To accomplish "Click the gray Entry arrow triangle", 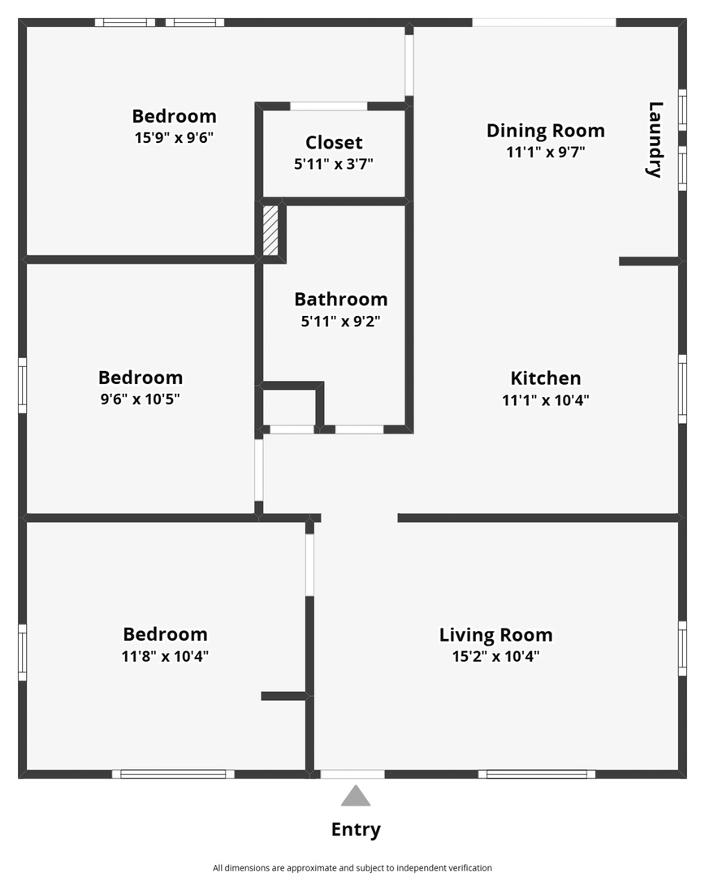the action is pyautogui.click(x=356, y=796).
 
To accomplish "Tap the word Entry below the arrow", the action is pyautogui.click(x=356, y=829).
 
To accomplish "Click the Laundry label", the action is pyautogui.click(x=655, y=140).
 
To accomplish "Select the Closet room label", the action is pyautogui.click(x=334, y=143).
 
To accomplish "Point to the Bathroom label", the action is pyautogui.click(x=341, y=299).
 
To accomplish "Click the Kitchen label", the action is pyautogui.click(x=546, y=378).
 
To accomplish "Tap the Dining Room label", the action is pyautogui.click(x=546, y=131).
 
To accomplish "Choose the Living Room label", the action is pyautogui.click(x=495, y=635).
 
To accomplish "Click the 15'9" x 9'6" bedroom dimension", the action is pyautogui.click(x=174, y=137).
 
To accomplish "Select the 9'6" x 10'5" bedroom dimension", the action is pyautogui.click(x=140, y=399).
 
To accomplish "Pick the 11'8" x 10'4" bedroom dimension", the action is pyautogui.click(x=165, y=655).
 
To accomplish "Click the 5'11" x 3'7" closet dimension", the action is pyautogui.click(x=334, y=164).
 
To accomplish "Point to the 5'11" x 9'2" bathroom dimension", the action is pyautogui.click(x=341, y=321).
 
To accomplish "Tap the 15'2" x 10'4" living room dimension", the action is pyautogui.click(x=495, y=655).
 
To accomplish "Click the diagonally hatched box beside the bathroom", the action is pyautogui.click(x=270, y=231).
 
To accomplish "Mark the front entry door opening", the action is pyautogui.click(x=352, y=774).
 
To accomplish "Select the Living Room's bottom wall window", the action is pyautogui.click(x=537, y=774).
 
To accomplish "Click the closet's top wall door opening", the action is pyautogui.click(x=328, y=106).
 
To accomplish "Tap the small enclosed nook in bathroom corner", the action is pyautogui.click(x=289, y=407).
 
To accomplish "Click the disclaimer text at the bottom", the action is pyautogui.click(x=352, y=868).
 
